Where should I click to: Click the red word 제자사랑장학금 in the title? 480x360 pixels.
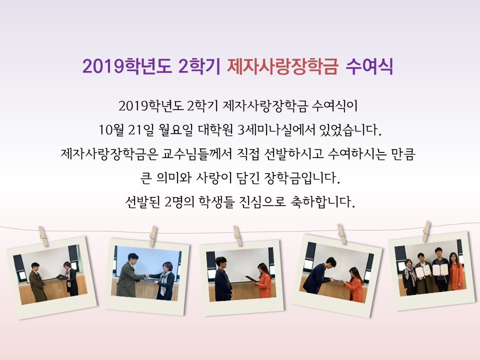pos(282,66)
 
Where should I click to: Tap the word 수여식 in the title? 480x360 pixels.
pos(369,66)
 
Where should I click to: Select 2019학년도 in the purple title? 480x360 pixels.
pos(127,66)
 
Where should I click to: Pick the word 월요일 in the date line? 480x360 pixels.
pos(176,130)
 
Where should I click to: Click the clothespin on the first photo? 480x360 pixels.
pos(43,235)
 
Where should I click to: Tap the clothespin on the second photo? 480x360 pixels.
pos(153,235)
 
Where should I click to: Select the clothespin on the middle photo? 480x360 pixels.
pos(237,235)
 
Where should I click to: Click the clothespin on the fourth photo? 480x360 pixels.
pos(341,233)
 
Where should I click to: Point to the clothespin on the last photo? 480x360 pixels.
pos(426,231)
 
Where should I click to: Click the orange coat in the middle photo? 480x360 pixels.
pos(264,284)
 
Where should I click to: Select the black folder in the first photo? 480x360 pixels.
pos(62,277)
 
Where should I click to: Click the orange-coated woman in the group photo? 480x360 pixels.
pos(456,272)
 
